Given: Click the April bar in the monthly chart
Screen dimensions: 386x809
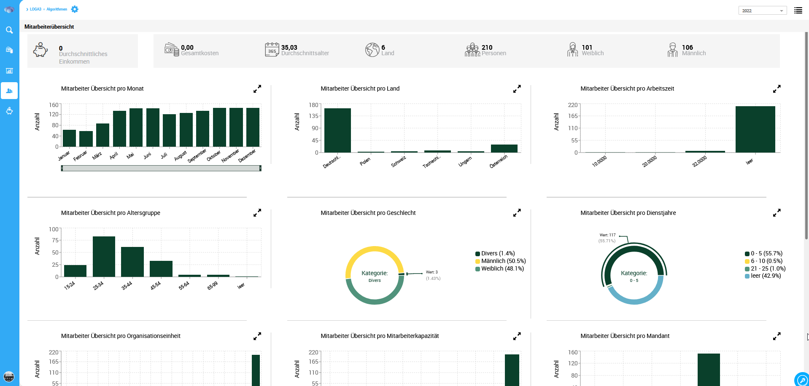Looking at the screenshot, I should [x=119, y=129].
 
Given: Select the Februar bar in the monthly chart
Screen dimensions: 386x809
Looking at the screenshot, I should [x=86, y=139].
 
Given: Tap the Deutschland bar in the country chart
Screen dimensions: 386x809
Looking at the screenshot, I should [x=337, y=130].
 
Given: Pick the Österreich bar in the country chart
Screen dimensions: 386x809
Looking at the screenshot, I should [x=504, y=148].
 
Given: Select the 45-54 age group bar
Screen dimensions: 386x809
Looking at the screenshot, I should [x=161, y=268].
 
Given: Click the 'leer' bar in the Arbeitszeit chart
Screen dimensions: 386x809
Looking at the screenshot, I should [x=755, y=129].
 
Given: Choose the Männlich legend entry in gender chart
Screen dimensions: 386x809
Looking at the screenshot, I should [x=503, y=261].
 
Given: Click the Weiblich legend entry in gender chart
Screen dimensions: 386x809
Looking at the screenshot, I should [x=502, y=269].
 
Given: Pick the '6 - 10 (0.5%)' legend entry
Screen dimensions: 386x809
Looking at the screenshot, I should [x=766, y=261].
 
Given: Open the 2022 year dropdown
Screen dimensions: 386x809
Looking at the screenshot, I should [x=762, y=11].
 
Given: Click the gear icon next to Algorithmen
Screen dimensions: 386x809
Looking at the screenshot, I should [x=75, y=9].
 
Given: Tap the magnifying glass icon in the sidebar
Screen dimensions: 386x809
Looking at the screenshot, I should [x=9, y=30].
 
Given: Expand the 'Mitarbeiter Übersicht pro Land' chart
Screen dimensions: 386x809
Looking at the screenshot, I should [x=517, y=89].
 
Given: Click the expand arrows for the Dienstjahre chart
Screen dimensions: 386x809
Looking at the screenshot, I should [x=777, y=213].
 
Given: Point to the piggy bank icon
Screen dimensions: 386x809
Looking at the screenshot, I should [x=40, y=50].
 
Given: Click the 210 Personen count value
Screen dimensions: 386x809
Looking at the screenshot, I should [x=487, y=48].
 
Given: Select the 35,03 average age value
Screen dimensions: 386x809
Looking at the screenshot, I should [x=289, y=48].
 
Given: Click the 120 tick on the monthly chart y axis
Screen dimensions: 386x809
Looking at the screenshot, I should [x=54, y=115].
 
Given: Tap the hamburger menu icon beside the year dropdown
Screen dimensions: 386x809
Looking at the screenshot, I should [x=798, y=11].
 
